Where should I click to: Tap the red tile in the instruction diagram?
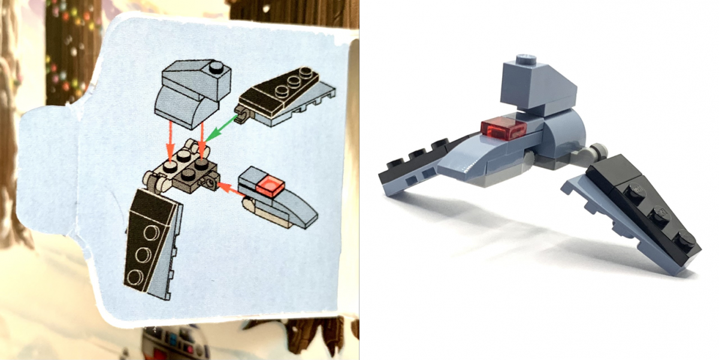click(x=270, y=187)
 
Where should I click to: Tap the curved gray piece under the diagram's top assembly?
click(x=180, y=108)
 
